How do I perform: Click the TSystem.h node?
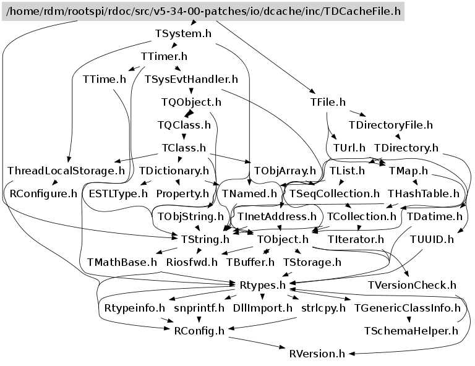183,33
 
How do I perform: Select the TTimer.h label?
164,56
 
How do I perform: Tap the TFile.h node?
328,102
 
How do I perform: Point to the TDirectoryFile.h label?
391,125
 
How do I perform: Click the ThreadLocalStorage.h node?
66,171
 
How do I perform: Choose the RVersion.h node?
317,354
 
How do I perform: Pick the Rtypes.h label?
262,285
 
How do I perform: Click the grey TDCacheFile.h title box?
203,11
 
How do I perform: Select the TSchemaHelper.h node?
411,331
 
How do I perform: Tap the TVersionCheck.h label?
412,285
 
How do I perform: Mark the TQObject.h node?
191,102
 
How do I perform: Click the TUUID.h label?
432,239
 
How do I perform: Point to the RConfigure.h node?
43,194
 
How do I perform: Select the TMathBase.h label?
122,262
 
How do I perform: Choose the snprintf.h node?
199,308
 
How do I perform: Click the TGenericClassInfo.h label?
407,308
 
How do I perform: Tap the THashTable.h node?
424,194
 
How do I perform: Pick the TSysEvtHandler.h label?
191,79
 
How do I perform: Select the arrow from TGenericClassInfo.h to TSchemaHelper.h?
409,319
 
